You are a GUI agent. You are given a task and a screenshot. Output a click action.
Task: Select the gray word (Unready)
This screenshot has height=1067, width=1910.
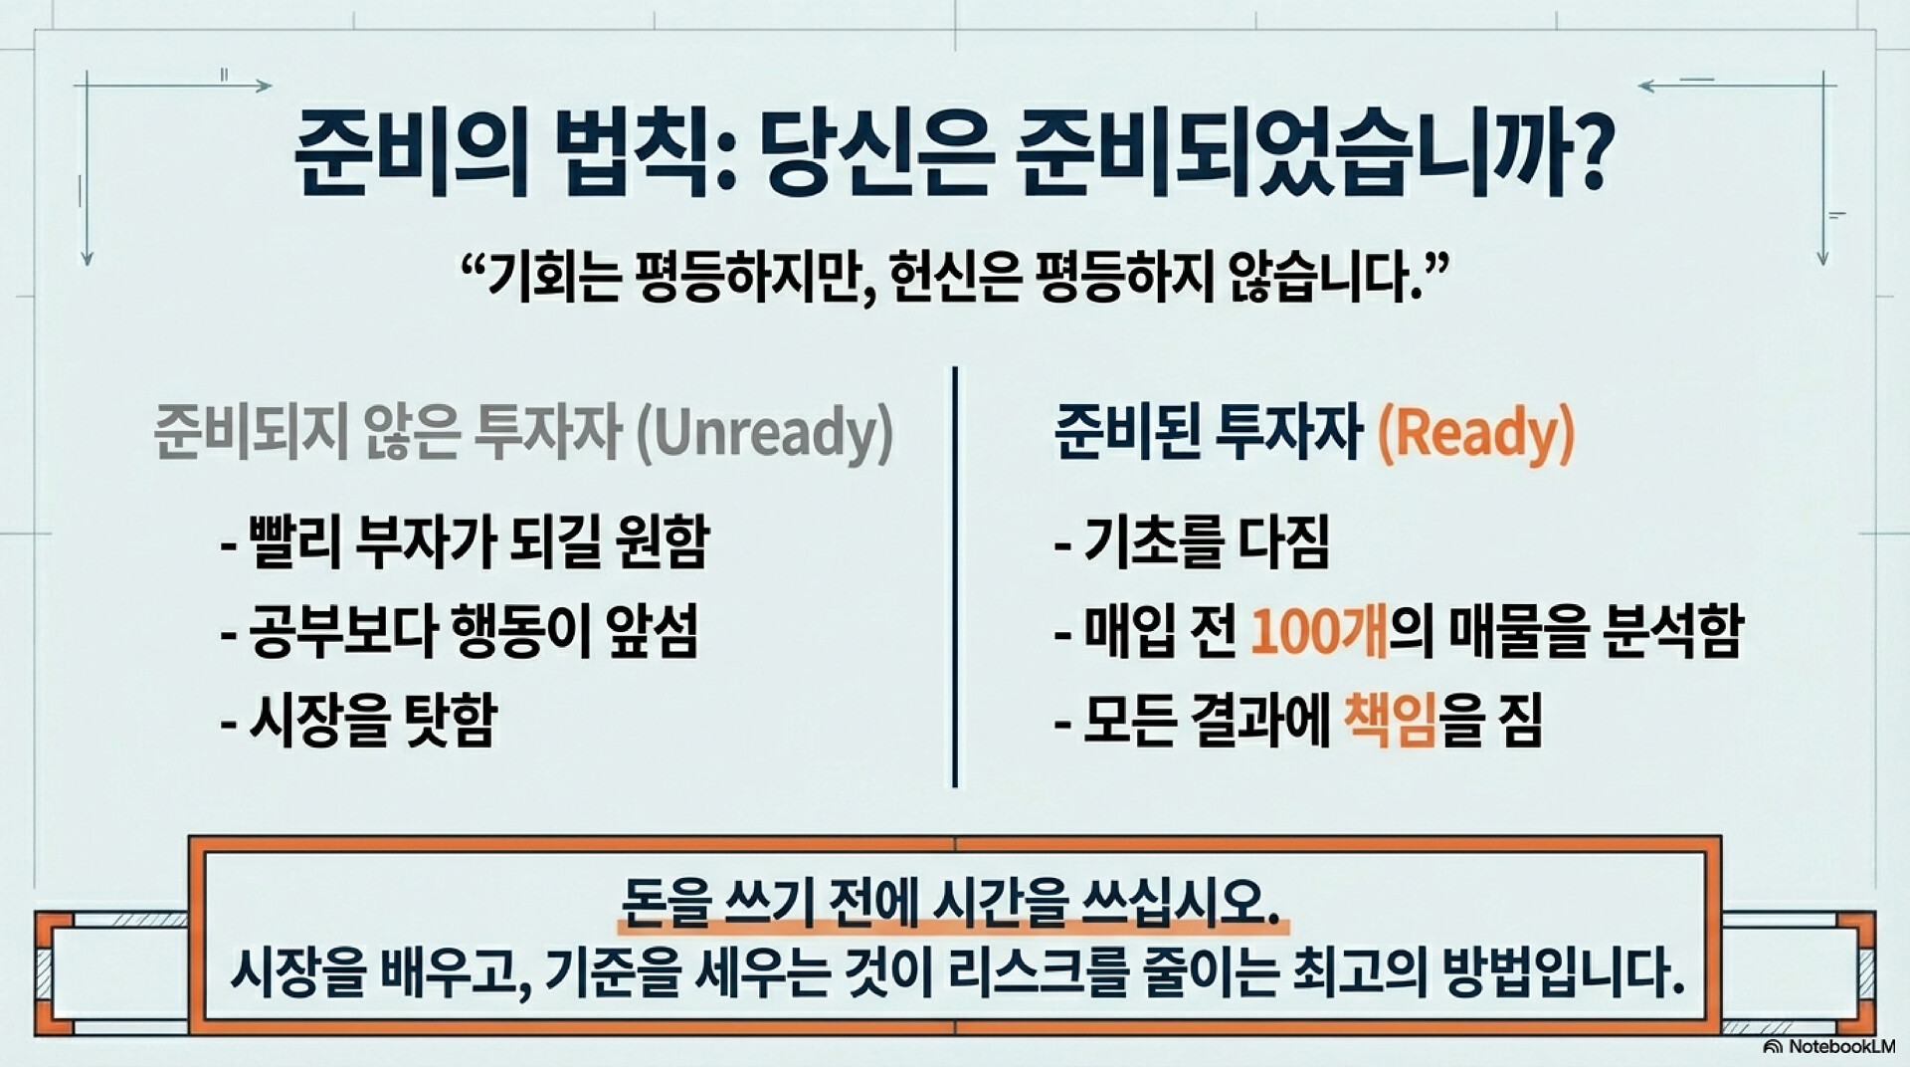point(764,433)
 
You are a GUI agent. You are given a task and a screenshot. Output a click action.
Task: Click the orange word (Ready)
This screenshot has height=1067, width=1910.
point(1476,433)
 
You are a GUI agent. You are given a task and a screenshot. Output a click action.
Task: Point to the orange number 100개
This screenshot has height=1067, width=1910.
point(1318,630)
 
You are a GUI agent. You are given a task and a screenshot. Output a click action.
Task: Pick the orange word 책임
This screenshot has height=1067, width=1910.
point(1390,719)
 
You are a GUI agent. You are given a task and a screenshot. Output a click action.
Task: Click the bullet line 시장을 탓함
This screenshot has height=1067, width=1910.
point(359,719)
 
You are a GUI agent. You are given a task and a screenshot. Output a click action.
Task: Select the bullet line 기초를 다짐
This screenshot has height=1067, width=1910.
point(1192,541)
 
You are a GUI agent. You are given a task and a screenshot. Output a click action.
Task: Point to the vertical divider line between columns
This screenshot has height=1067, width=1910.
point(955,577)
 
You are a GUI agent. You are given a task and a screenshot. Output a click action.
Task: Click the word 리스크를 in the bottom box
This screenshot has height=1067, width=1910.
point(1024,972)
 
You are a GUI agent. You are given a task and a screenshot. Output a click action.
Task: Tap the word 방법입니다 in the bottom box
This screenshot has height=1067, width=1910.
point(1555,972)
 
